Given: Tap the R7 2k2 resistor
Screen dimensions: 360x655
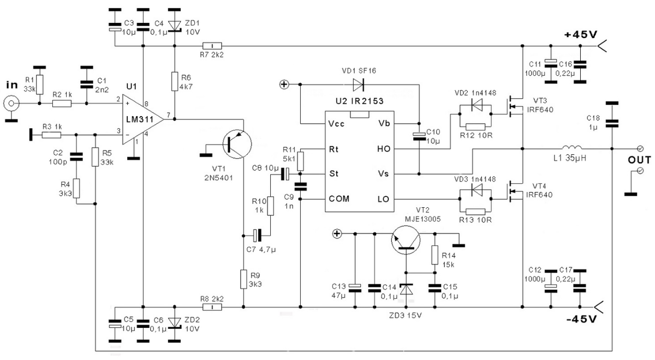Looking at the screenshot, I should click(x=211, y=46).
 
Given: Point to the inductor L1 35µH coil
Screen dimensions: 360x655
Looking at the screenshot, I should click(x=572, y=148).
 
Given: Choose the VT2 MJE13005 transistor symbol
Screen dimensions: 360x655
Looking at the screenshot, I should click(x=406, y=241).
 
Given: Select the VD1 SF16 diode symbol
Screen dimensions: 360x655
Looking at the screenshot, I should click(x=359, y=85).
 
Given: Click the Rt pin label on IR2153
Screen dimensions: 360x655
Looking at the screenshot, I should click(x=334, y=148).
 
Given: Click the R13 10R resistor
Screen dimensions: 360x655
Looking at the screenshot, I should click(x=475, y=212).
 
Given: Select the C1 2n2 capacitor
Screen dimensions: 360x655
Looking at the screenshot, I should click(x=86, y=85).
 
